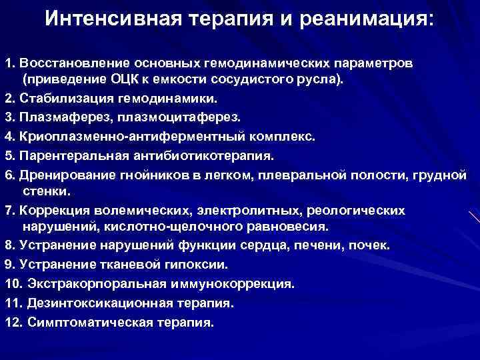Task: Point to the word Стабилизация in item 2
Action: coord(61,99)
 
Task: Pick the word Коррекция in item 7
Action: coord(49,210)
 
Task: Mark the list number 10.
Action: coord(13,283)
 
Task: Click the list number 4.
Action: coord(9,137)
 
